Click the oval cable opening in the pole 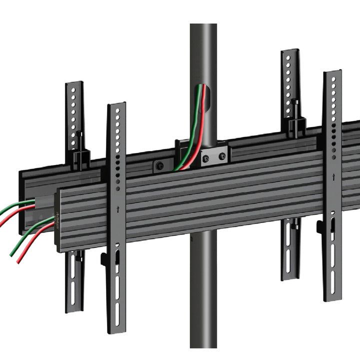pos(203,102)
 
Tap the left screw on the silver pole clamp pos(205,158)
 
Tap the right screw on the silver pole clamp pos(221,157)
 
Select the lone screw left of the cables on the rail pos(159,165)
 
